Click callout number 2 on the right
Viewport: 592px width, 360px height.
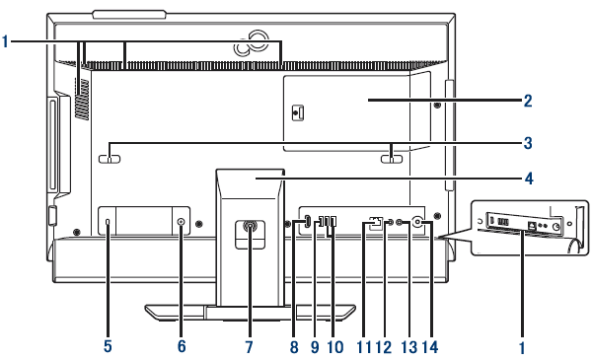528,101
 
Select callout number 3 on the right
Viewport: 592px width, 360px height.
528,143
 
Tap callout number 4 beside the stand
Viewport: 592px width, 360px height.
529,179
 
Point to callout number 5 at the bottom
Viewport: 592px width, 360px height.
108,346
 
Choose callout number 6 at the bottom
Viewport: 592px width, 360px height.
182,346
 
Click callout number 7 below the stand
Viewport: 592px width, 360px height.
249,347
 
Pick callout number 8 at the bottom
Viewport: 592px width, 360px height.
294,347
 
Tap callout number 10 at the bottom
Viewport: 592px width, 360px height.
335,347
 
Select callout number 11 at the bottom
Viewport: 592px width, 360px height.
364,347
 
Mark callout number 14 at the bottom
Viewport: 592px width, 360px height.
430,347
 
